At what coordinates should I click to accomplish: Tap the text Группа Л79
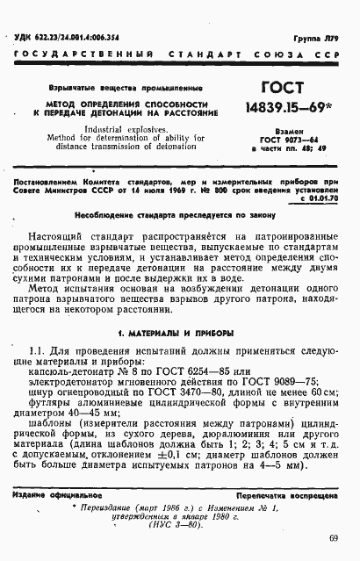pyautogui.click(x=321, y=40)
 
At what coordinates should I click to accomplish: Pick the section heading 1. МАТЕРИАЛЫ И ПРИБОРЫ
pyautogui.click(x=176, y=308)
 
